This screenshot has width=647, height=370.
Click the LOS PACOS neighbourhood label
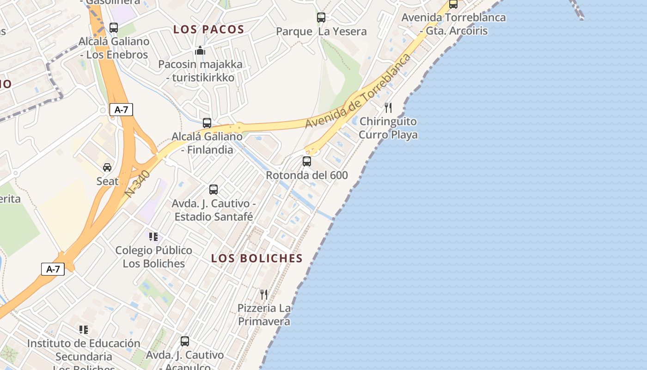pos(208,30)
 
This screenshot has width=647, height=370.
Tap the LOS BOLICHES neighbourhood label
pos(257,259)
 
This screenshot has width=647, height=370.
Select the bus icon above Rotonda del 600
pos(307,161)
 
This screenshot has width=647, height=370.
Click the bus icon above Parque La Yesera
pos(321,18)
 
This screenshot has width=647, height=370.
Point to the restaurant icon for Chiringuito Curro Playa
pos(388,108)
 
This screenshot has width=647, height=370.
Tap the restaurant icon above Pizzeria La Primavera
pos(264,294)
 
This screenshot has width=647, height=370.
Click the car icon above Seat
pos(107,167)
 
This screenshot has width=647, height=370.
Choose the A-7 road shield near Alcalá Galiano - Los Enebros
pos(121,110)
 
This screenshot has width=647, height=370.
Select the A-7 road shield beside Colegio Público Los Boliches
pos(53,269)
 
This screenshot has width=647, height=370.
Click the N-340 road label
pos(138,184)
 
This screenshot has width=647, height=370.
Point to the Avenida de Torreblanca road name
pos(358,92)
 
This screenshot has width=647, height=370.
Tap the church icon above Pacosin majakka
pos(200,50)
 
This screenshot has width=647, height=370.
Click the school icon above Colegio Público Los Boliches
pos(153,237)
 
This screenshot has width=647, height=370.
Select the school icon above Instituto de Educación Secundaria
pos(83,330)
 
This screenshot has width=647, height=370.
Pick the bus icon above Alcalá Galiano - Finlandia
pos(207,123)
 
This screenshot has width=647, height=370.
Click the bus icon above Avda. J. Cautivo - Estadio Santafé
pos(213,189)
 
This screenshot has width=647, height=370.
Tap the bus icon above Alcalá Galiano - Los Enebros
pos(114,27)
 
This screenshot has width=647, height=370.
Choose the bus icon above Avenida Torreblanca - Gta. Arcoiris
pos(453,4)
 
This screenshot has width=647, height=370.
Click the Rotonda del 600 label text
pos(307,175)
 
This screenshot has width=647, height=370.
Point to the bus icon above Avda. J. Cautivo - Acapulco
pos(185,341)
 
